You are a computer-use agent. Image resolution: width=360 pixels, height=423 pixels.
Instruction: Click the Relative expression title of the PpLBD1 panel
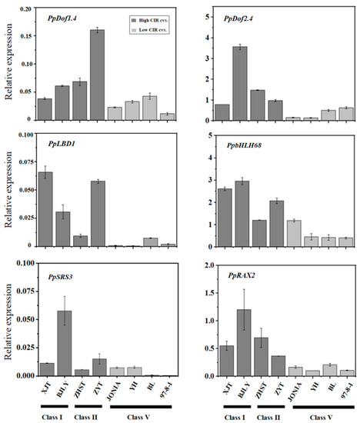click(8, 192)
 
